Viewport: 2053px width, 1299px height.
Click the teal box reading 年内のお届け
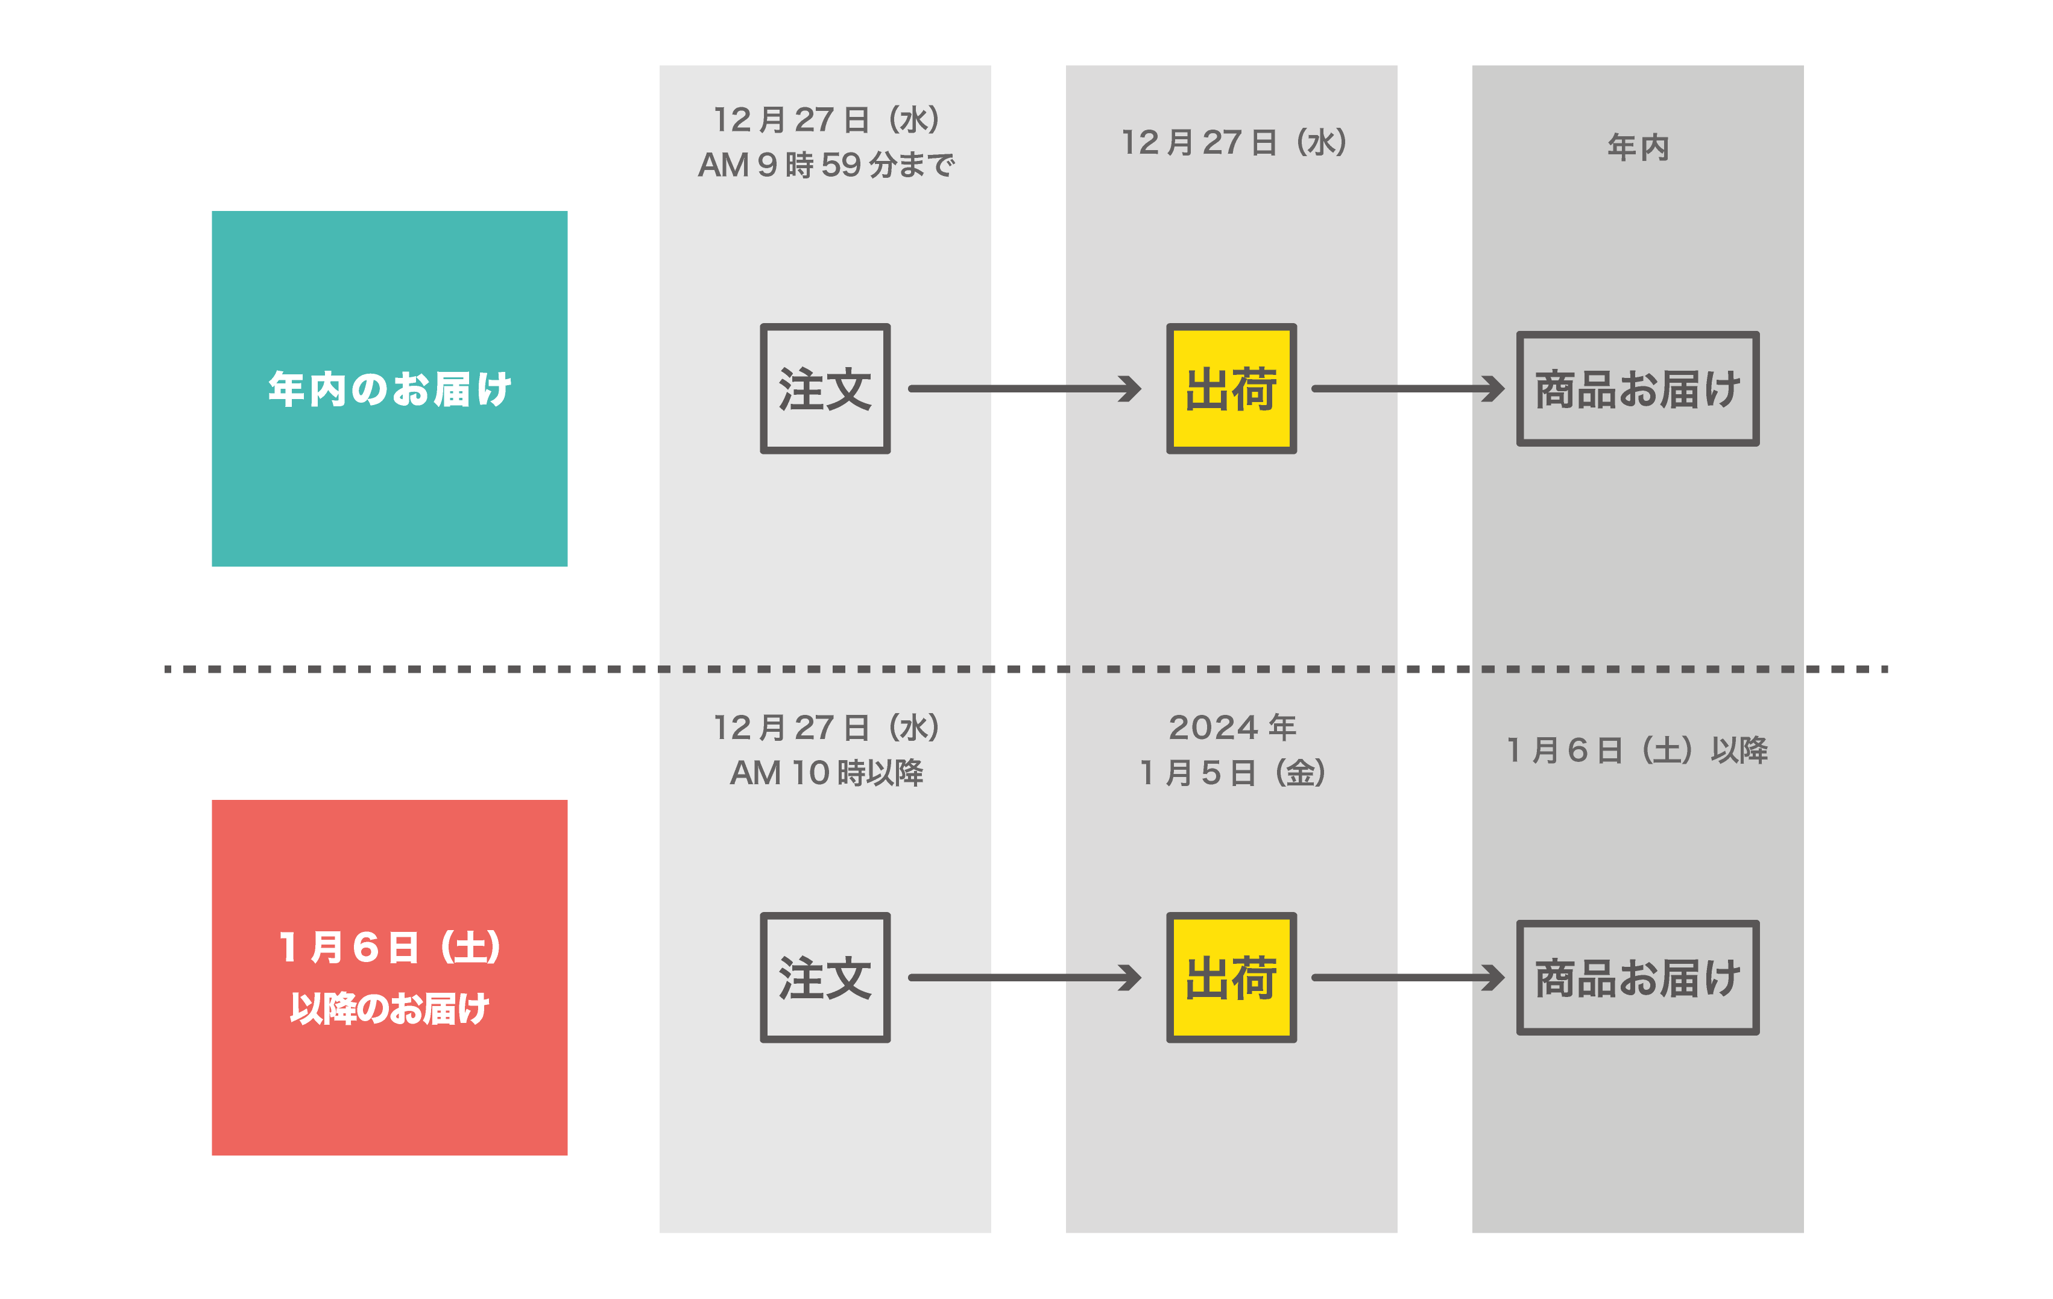pos(389,389)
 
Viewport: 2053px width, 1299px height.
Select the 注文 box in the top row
pos(825,389)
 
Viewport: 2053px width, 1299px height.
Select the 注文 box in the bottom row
pos(825,978)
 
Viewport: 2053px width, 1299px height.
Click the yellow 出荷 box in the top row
pos(1231,389)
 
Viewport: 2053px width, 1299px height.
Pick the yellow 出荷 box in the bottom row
pos(1231,978)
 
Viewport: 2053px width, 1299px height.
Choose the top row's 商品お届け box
pos(1638,389)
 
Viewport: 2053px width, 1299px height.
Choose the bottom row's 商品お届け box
pos(1638,978)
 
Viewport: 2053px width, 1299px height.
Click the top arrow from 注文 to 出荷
pos(1025,389)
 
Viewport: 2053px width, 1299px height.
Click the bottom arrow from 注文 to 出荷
pos(1025,978)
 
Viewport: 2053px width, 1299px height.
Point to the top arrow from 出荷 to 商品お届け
pos(1408,389)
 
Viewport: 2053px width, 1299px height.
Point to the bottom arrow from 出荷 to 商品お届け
pos(1408,978)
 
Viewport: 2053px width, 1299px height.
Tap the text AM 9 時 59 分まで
pos(826,165)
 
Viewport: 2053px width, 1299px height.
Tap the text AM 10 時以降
pos(826,772)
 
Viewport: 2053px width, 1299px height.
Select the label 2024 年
pos(1232,727)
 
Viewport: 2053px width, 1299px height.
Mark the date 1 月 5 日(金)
pos(1232,772)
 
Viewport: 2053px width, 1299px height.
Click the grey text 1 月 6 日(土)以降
pos(1638,750)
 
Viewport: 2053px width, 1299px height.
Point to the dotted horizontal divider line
pos(1026,669)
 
